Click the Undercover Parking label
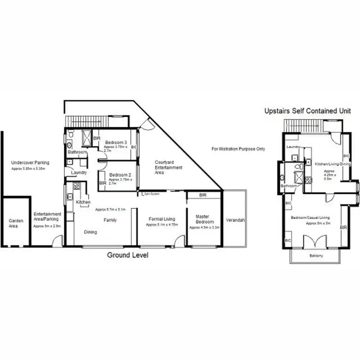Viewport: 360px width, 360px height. (30, 163)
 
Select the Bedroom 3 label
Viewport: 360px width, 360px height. (116, 143)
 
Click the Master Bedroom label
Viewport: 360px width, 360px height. (202, 219)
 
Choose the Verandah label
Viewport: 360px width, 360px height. (235, 220)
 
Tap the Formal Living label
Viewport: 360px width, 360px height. (161, 219)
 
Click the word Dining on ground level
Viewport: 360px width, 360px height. (90, 232)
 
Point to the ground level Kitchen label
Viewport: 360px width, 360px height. (83, 203)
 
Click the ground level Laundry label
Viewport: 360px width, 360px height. (79, 172)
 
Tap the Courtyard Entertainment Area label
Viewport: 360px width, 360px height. (168, 168)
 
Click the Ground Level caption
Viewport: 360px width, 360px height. (127, 255)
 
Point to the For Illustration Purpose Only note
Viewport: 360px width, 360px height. (238, 149)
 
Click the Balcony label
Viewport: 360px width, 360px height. (315, 256)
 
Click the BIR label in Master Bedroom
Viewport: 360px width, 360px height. (203, 195)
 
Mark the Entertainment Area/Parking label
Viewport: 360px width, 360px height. (47, 216)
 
